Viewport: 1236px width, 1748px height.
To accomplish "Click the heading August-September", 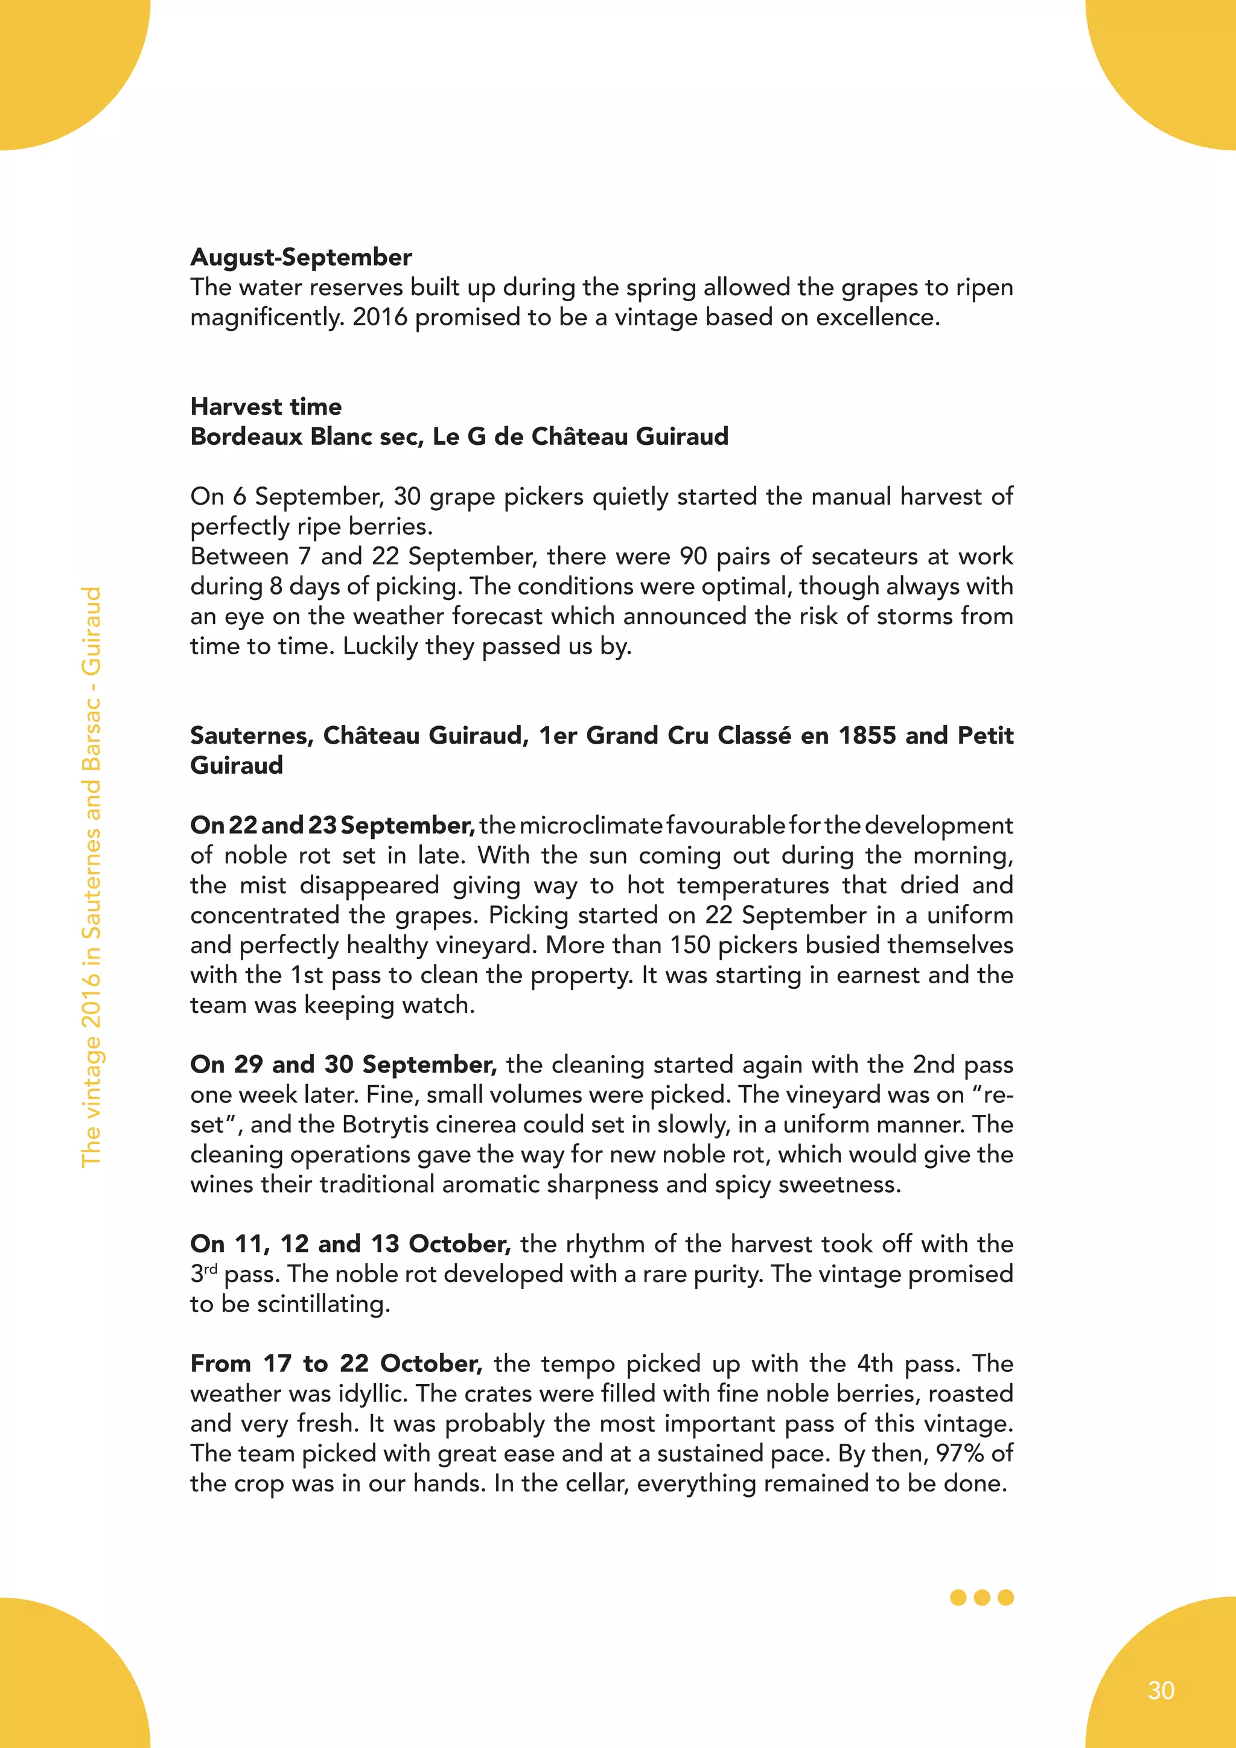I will coord(301,257).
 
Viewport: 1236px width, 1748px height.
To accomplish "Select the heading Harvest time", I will coord(266,407).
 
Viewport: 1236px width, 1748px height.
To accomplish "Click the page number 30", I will coord(1161,1690).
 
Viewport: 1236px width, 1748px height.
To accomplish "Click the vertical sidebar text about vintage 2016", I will coord(91,876).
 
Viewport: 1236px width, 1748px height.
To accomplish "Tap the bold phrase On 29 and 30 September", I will coord(343,1064).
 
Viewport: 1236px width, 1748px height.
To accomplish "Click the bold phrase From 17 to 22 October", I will coord(336,1364).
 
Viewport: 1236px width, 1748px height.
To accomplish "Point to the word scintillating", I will coord(323,1304).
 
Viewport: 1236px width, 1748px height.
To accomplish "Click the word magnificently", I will coord(267,317).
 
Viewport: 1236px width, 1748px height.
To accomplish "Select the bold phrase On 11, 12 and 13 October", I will coord(350,1244).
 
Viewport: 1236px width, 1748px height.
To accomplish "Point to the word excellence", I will coord(878,317).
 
